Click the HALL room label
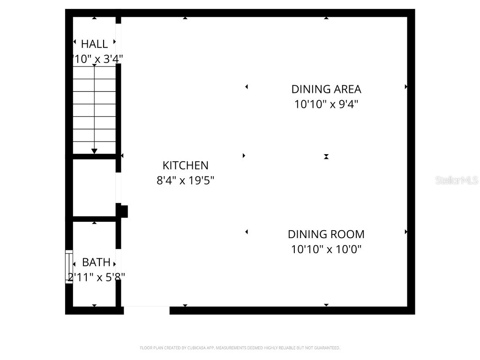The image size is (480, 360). [x=94, y=44]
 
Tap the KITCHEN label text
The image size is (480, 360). [x=185, y=165]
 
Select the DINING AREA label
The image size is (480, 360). [x=326, y=89]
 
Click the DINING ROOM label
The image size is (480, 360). [x=326, y=234]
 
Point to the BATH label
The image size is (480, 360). [x=96, y=262]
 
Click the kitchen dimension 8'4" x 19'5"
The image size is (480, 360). [x=185, y=180]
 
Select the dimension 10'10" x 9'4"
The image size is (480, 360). [x=326, y=104]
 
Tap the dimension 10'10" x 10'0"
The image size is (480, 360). [x=326, y=249]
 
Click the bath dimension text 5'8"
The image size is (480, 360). [x=113, y=277]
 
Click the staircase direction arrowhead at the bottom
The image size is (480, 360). [x=94, y=151]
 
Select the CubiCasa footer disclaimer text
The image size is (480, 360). [x=240, y=348]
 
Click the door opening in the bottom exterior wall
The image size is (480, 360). [x=146, y=310]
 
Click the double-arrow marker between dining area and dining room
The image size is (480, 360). [x=326, y=157]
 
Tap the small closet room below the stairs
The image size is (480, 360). [x=94, y=188]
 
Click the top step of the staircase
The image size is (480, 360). [x=94, y=73]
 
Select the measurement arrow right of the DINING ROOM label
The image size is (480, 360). [x=405, y=232]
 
